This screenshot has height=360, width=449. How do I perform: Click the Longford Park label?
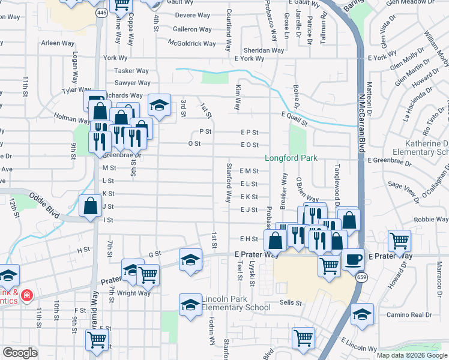[291, 158]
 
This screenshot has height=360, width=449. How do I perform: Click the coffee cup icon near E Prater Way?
[353, 259]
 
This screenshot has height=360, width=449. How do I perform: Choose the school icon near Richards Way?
[159, 104]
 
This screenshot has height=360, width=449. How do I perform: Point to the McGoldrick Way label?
[192, 44]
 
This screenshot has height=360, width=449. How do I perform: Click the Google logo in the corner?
[20, 353]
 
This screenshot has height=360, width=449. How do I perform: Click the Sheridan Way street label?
[264, 50]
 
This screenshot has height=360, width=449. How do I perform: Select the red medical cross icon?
[26, 295]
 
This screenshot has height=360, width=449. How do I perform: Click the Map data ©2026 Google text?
[411, 355]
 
